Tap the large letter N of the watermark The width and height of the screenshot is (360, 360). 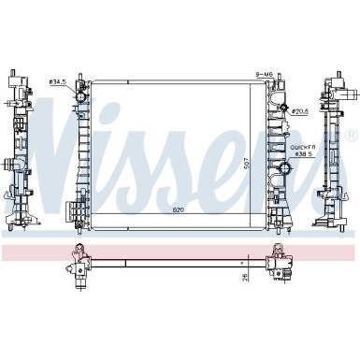point(28,150)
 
